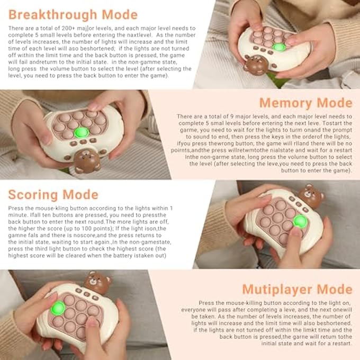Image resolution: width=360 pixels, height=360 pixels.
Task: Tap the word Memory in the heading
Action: pos(286,103)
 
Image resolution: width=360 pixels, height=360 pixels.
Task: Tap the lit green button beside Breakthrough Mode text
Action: pos(280,47)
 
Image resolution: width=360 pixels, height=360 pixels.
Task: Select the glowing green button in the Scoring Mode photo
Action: pos(300,221)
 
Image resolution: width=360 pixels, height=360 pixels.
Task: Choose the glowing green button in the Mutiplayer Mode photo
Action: pos(58,308)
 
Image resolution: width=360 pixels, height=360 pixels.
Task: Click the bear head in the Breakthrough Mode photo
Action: pos(257,65)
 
